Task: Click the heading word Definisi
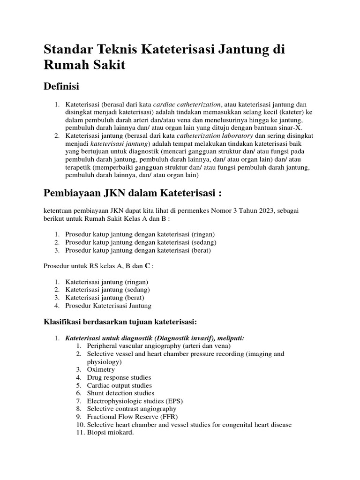tap(61, 86)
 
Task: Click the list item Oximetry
tap(101, 369)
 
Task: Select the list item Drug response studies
tap(119, 377)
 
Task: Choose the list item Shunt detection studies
tap(120, 393)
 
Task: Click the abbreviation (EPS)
tap(173, 401)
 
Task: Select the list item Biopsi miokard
tap(110, 433)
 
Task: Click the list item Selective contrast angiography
tap(125, 409)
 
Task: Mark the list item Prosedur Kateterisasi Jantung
tap(108, 306)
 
